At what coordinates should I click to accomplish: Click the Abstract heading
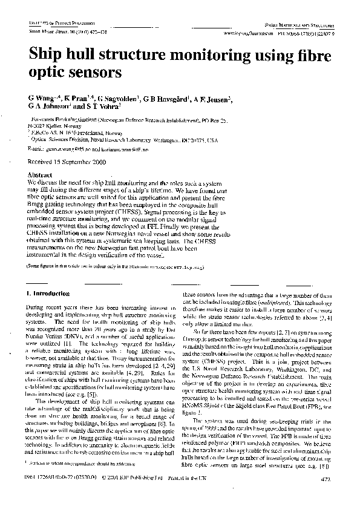(41, 175)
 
